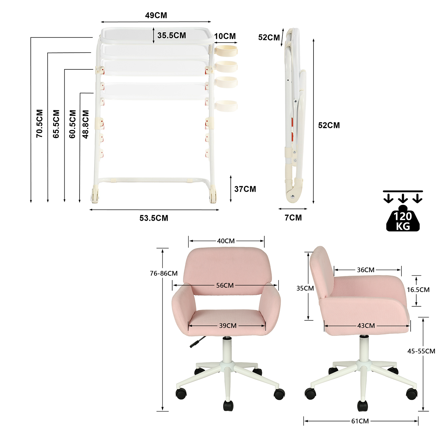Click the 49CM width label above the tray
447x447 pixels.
point(156,15)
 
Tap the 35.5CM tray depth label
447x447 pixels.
point(171,35)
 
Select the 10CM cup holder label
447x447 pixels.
point(225,36)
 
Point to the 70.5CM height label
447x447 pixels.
point(40,123)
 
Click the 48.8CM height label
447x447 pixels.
point(86,124)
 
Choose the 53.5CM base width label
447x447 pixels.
point(154,218)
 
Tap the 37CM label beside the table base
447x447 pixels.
point(245,189)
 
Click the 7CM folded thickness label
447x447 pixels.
point(293,218)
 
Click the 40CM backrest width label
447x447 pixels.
point(226,241)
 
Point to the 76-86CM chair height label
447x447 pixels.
point(164,273)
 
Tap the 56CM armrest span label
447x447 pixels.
point(225,285)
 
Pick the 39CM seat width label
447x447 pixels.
point(228,326)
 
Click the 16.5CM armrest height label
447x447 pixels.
point(418,290)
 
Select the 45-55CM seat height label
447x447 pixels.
point(421,351)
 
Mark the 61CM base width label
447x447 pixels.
point(360,421)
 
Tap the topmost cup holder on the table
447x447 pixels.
point(226,50)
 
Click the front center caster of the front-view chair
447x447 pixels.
point(228,406)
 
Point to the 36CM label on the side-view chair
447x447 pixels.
point(366,270)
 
